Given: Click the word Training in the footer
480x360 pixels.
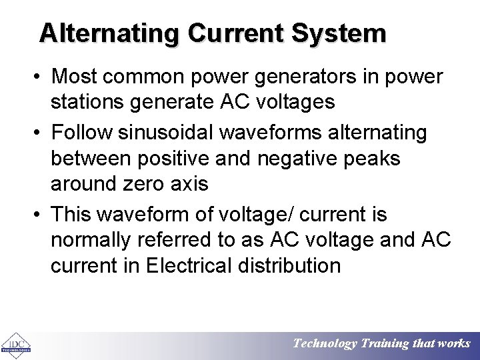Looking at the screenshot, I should point(386,344).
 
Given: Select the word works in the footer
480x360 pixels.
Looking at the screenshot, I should point(453,344).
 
